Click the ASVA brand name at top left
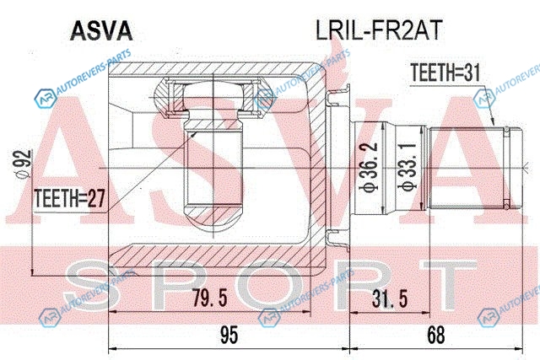coord(101,31)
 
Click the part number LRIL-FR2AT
coord(379,30)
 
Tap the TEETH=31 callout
coord(445,73)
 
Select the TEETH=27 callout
coord(69,198)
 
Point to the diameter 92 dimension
coord(24,164)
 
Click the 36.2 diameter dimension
coord(370,167)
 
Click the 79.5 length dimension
coord(210,298)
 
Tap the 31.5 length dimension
coord(390,298)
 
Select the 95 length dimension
coord(229,335)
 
